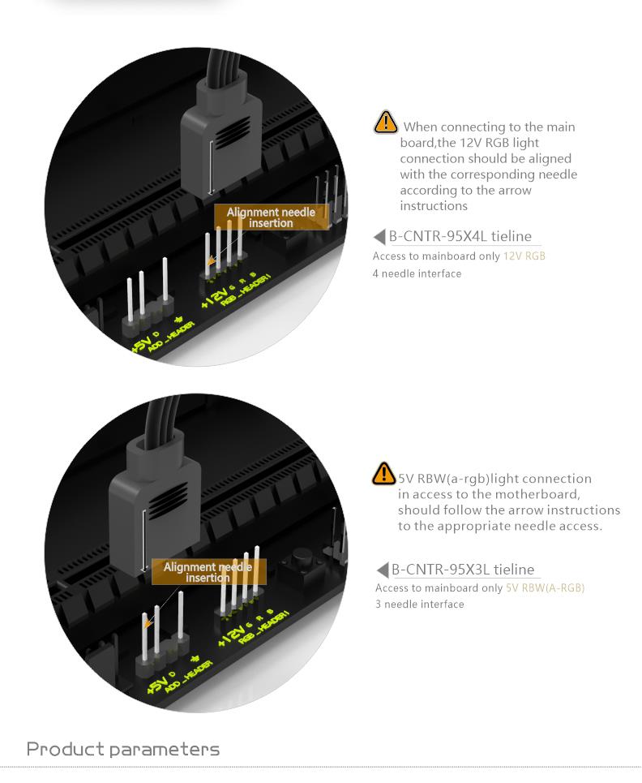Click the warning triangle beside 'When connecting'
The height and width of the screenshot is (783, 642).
(385, 122)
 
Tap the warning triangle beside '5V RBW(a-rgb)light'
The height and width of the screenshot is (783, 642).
(383, 473)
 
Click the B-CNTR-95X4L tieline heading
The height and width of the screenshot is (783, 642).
(460, 236)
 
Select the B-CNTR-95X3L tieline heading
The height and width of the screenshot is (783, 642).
(462, 570)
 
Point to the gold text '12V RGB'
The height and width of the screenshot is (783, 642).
(524, 256)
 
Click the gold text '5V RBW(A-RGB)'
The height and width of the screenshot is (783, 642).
(545, 587)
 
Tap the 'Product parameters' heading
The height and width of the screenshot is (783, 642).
(122, 749)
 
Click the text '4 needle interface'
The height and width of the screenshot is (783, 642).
(417, 273)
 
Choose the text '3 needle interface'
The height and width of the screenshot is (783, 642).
(420, 604)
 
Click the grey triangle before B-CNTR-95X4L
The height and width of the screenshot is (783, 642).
(379, 237)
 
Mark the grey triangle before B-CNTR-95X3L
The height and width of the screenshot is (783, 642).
(383, 570)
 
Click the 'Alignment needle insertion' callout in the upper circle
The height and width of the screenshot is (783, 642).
(272, 217)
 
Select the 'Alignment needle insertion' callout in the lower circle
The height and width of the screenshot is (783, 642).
(208, 572)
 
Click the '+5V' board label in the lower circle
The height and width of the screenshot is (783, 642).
(157, 684)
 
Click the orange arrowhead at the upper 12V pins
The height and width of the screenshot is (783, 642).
(212, 261)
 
